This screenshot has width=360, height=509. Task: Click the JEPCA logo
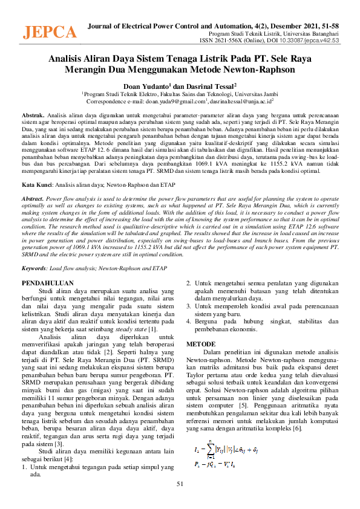(50, 32)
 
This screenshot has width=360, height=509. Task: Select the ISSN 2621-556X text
(220, 41)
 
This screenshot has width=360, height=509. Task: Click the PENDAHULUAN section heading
(47, 283)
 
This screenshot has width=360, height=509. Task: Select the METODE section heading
(200, 343)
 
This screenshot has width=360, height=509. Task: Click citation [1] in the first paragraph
(153, 329)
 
